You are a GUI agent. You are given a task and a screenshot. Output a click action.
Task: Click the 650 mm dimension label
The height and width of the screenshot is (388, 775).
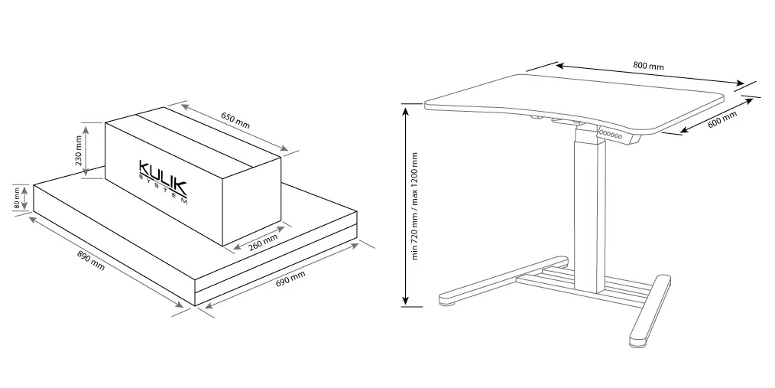tap(235, 121)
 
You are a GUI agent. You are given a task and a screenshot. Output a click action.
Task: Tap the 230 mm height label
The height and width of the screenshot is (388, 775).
tap(78, 151)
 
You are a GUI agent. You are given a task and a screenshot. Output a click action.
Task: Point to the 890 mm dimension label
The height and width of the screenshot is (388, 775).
tap(91, 260)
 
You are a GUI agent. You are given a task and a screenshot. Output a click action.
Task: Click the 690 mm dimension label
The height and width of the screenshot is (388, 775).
tap(290, 279)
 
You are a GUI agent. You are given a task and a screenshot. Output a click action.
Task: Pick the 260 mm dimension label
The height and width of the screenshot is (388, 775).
tap(263, 242)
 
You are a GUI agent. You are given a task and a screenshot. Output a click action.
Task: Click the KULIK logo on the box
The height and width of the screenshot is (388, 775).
tap(163, 177)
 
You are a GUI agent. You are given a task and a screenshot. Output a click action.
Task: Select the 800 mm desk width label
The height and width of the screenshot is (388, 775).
tap(648, 65)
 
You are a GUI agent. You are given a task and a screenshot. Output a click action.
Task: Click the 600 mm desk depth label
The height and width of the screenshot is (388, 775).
tap(721, 119)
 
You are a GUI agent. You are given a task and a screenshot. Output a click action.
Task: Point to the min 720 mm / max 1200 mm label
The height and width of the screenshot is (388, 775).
tap(414, 205)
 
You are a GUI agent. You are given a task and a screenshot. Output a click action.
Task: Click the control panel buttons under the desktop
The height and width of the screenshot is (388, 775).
tap(611, 134)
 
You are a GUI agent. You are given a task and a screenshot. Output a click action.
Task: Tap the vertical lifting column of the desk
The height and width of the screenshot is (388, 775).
tap(590, 213)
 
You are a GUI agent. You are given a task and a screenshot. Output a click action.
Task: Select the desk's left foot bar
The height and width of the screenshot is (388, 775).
tap(504, 280)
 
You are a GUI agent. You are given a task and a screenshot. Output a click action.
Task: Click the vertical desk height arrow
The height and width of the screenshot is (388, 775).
tap(405, 205)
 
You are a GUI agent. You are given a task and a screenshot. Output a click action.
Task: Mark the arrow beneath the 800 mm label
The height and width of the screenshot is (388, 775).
tap(650, 74)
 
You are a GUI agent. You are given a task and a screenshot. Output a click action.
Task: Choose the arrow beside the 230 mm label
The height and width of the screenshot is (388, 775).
tap(86, 151)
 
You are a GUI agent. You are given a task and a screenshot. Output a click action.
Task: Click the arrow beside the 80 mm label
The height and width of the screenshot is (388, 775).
tap(24, 197)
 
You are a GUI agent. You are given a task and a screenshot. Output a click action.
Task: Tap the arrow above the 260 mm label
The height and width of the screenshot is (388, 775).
tap(258, 238)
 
